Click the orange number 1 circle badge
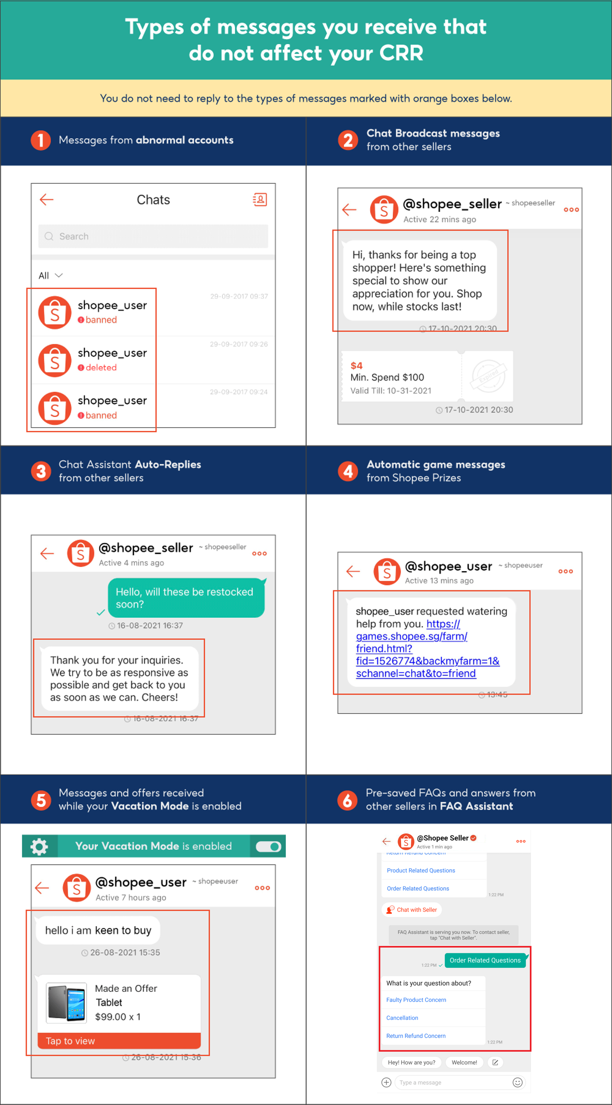click(41, 140)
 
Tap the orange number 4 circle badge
click(348, 471)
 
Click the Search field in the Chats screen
click(153, 236)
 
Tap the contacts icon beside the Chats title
click(260, 199)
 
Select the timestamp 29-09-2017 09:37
click(239, 296)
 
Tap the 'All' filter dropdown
click(50, 275)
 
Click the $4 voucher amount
click(356, 366)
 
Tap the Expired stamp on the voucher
click(488, 375)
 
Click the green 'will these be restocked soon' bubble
click(186, 598)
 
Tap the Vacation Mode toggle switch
click(268, 846)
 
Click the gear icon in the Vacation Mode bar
click(39, 846)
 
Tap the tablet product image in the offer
click(66, 1002)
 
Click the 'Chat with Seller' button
click(412, 910)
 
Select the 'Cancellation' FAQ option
click(402, 1018)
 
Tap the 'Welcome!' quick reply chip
click(464, 1063)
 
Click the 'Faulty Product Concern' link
click(416, 1000)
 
